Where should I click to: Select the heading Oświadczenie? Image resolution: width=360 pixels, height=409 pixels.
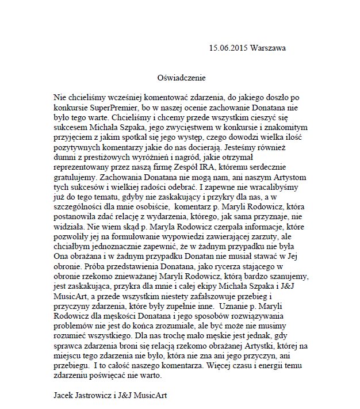point(181,77)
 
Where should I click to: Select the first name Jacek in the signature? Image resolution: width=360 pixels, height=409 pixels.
point(64,396)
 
